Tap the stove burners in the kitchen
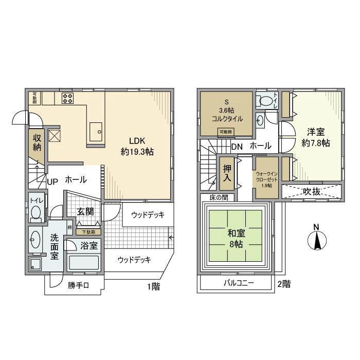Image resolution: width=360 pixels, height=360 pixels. (x=67, y=98)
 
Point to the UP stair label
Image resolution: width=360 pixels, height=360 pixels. (x=52, y=181)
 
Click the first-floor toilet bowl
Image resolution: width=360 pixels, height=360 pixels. (x=35, y=211)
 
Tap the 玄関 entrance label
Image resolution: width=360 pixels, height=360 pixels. (x=85, y=211)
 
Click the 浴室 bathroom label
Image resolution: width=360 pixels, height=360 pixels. (x=89, y=245)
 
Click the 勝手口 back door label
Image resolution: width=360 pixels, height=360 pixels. (x=78, y=286)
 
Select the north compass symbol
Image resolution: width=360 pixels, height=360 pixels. (x=317, y=239)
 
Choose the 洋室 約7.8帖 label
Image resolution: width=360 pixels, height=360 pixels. (x=316, y=137)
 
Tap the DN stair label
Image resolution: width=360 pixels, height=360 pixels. (x=237, y=147)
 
